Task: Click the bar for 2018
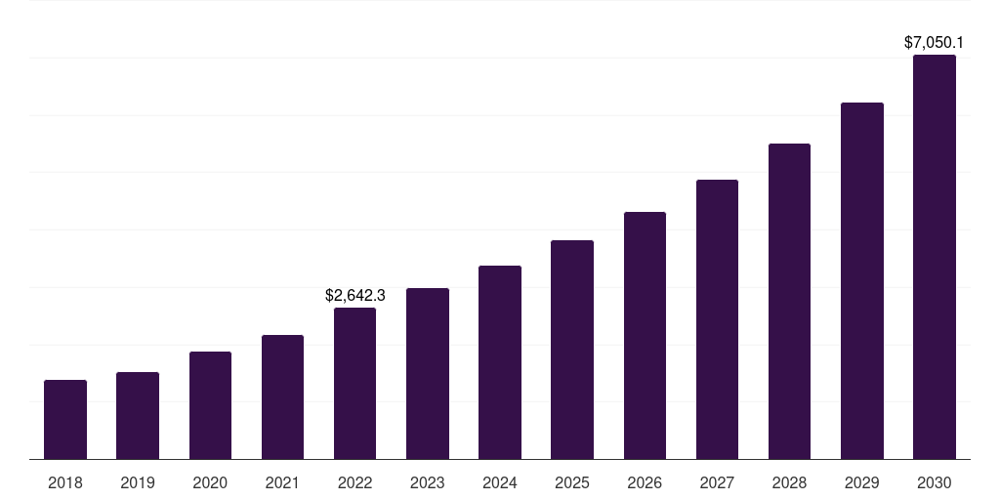[65, 419]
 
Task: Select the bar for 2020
[210, 405]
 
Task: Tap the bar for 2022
[354, 383]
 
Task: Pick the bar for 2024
[500, 362]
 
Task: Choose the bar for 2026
[645, 335]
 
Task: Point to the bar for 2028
[789, 301]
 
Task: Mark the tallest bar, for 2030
[935, 257]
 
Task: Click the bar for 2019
[138, 415]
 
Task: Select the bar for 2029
[862, 280]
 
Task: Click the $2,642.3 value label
[355, 295]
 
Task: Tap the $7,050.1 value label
[935, 43]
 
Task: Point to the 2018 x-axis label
[65, 482]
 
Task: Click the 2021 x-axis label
[282, 482]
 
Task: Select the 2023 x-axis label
[428, 482]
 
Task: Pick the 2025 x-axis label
[572, 482]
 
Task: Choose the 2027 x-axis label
[717, 482]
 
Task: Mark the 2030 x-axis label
[935, 482]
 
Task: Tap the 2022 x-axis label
[354, 482]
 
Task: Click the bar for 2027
[717, 319]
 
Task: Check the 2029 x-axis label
[862, 482]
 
